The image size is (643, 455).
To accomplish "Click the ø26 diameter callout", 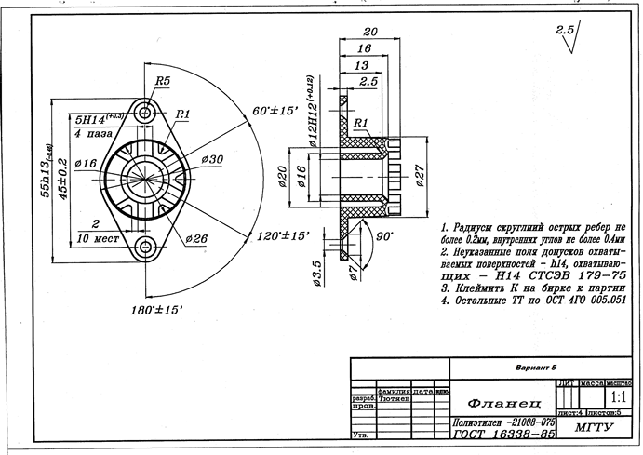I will [x=196, y=239].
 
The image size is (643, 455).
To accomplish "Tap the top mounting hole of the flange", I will [x=146, y=114].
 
